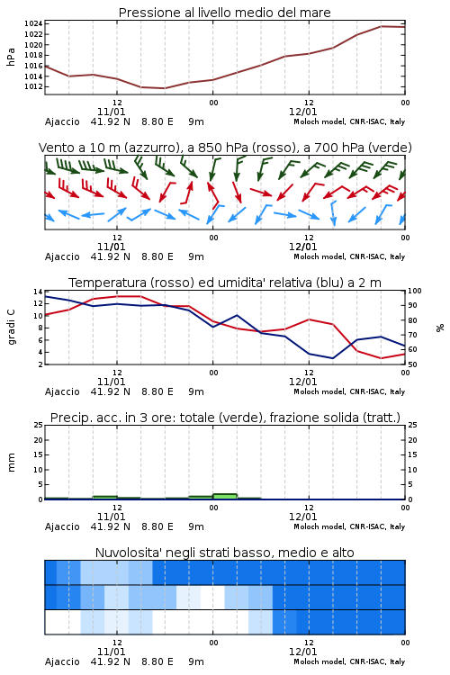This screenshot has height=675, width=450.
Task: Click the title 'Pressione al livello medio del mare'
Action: click(224, 13)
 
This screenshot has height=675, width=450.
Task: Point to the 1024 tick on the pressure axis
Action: click(33, 23)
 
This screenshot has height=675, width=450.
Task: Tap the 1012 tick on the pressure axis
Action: click(33, 86)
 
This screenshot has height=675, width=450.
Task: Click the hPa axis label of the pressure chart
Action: click(11, 57)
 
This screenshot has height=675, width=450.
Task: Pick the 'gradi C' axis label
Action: click(12, 328)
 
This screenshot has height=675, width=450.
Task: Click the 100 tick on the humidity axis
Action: click(415, 291)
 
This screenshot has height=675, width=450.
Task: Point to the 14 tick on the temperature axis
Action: click(38, 292)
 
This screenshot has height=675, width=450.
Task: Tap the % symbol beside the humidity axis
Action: click(440, 328)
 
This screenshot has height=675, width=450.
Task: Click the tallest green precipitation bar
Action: click(225, 496)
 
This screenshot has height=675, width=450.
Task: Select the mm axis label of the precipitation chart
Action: click(12, 463)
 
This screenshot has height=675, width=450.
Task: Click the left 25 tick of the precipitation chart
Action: click(38, 425)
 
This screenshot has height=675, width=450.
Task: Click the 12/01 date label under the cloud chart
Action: click(302, 652)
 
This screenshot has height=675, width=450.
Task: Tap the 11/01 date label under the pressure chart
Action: click(111, 112)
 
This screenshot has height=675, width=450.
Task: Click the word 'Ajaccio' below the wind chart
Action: click(62, 257)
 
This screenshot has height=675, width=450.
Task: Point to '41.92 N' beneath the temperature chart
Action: click(110, 391)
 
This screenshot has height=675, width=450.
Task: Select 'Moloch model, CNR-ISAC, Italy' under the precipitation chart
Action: click(349, 526)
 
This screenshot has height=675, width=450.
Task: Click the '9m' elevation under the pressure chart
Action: click(196, 121)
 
